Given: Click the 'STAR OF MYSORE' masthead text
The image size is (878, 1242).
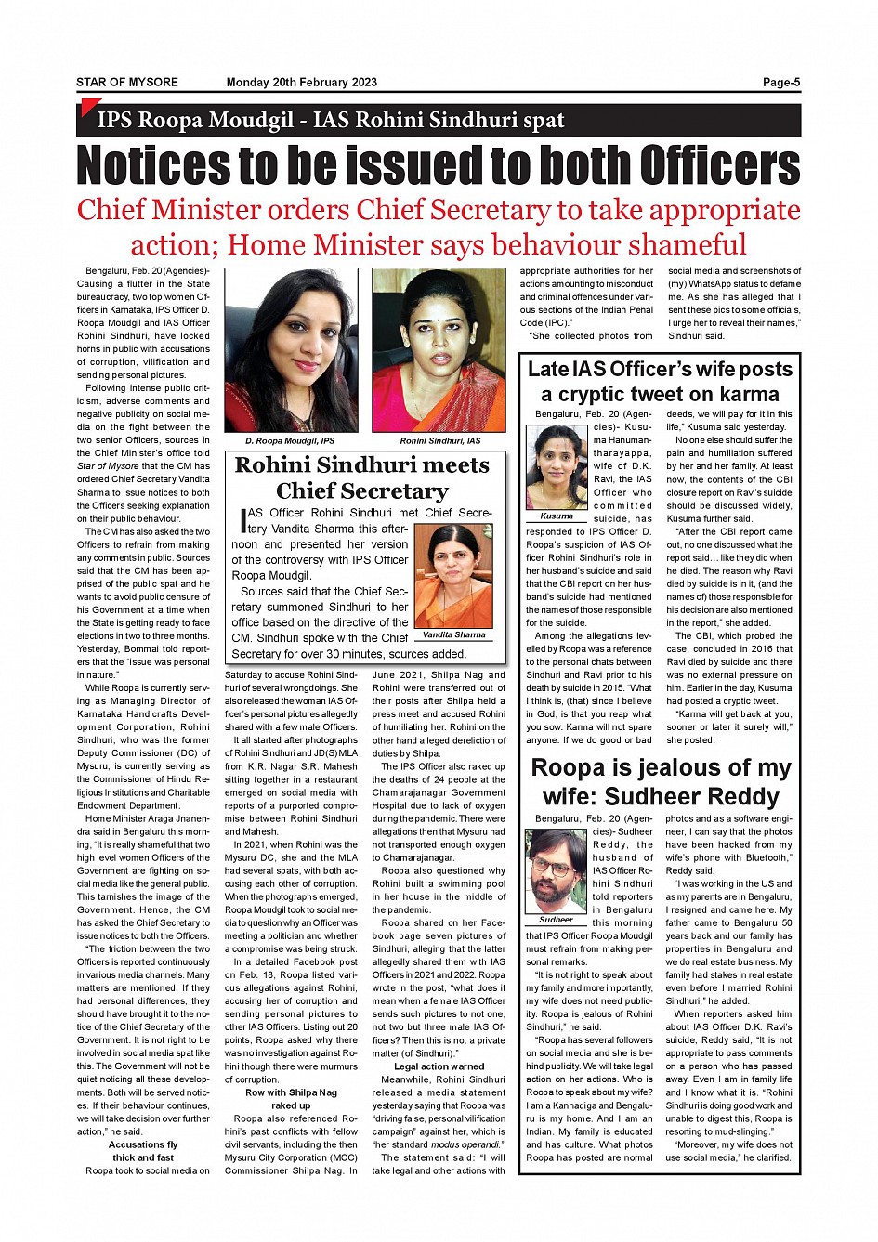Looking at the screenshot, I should (127, 83).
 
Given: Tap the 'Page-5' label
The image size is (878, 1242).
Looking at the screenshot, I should (781, 83).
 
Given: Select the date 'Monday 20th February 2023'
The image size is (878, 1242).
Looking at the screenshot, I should (302, 83).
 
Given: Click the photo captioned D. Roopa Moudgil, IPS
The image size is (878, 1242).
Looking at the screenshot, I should (291, 350).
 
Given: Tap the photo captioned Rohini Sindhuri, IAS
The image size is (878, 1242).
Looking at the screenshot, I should (439, 350).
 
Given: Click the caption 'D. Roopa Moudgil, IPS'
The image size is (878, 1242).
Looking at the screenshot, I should (290, 441).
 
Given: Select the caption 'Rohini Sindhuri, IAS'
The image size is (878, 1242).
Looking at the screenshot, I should (440, 441).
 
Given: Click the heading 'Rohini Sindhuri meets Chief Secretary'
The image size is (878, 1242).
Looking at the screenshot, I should (362, 477).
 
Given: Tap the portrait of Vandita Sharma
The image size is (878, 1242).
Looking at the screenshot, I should (453, 576).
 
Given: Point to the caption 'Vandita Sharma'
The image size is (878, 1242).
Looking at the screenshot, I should (453, 635).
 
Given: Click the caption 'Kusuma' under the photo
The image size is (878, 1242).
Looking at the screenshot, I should (557, 516).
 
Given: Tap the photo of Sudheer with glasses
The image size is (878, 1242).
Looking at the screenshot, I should (556, 870).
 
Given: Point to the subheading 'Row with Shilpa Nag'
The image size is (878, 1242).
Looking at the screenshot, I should (291, 1092).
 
